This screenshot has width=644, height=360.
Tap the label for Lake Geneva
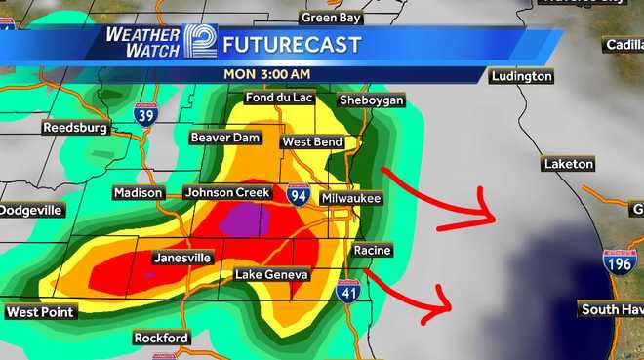[272, 275]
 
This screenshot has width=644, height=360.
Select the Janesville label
[182, 259]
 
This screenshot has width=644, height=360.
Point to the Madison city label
[138, 193]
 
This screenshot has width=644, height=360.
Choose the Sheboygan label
[371, 101]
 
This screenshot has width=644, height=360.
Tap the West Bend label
[312, 142]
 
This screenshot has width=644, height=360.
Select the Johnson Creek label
[226, 193]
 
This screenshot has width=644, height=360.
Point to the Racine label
[372, 251]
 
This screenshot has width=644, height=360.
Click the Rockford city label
[161, 339]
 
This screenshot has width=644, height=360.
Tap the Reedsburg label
[73, 128]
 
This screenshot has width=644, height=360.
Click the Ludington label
[522, 76]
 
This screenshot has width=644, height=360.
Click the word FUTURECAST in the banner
[292, 45]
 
